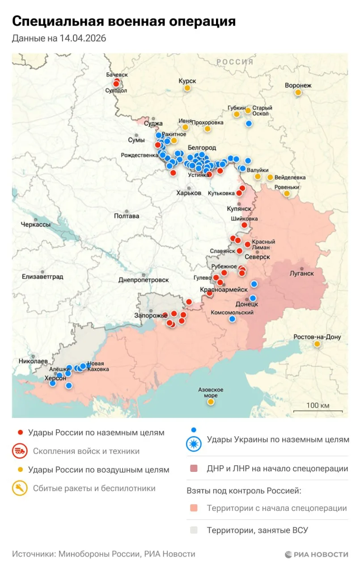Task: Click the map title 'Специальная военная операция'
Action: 124,21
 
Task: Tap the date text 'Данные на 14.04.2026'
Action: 59,38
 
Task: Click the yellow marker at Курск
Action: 187,88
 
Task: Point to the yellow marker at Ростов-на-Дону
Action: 317,344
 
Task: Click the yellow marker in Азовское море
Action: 211,402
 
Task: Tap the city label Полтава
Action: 127,216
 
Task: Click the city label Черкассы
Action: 36,225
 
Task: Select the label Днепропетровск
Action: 144,280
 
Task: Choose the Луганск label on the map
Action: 301,273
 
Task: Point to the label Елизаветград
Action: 42,277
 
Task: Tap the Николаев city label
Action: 34,361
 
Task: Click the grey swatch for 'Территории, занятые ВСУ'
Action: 194,530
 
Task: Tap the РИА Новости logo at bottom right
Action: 316,554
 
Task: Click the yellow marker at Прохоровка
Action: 207,129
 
